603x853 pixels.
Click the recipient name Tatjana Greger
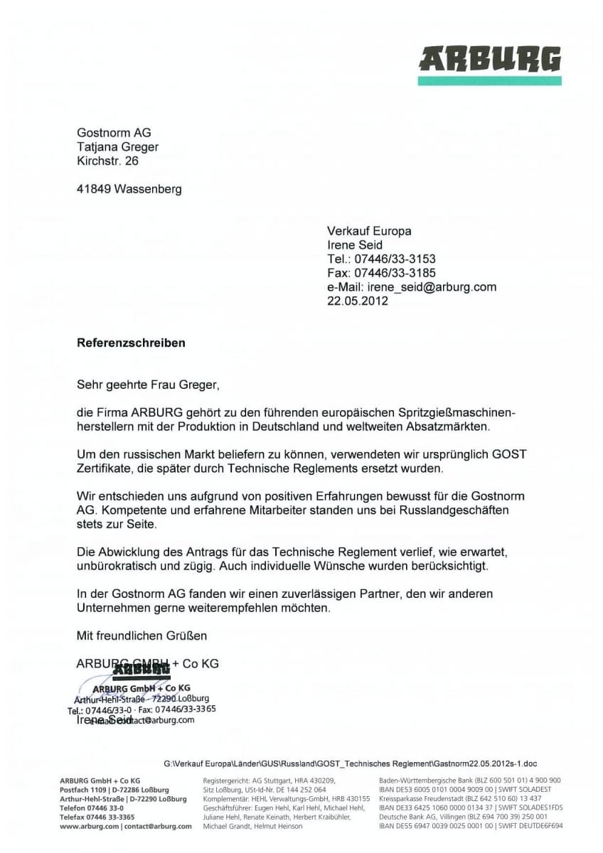pos(117,147)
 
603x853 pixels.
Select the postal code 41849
pos(94,189)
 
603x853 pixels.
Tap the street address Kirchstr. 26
pos(107,161)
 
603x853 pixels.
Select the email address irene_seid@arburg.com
pos(432,287)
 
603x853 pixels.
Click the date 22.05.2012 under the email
pos(358,301)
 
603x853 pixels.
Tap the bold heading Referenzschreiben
pos(131,343)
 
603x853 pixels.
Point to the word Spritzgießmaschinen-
pos(464,413)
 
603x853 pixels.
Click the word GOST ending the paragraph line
pos(511,455)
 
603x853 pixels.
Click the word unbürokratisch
pos(117,566)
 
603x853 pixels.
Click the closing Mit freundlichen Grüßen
pos(142,635)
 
